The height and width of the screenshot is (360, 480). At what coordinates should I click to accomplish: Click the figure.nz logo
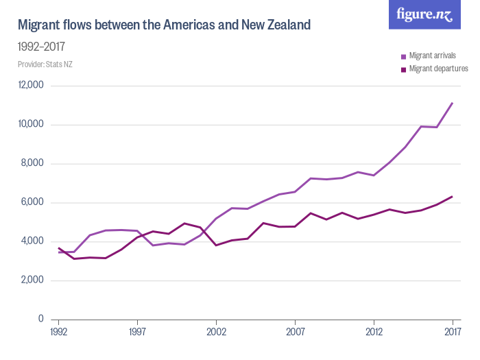(x=424, y=14)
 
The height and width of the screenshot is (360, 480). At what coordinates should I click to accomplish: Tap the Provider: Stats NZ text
(x=45, y=64)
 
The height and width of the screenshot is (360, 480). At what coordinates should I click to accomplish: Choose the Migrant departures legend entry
(x=437, y=69)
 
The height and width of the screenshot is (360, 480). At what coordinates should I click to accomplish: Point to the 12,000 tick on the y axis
(x=30, y=86)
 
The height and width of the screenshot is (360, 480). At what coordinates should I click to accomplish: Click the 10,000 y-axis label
(x=30, y=125)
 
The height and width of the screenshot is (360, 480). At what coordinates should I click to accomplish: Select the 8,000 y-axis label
(x=32, y=164)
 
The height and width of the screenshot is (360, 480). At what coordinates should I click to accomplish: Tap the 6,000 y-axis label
(x=32, y=203)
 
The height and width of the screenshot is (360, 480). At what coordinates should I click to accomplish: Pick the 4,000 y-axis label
(x=32, y=241)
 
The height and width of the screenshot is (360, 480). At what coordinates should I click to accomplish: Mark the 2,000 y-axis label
(x=32, y=280)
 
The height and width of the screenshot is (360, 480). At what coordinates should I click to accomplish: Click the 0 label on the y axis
(x=41, y=320)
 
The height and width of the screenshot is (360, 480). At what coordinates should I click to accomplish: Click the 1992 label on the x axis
(x=59, y=333)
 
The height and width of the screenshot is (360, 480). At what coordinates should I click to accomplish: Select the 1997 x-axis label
(x=138, y=333)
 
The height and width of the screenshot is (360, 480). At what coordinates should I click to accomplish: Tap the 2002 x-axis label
(x=216, y=333)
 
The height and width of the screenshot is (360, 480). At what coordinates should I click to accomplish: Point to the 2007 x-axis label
(x=295, y=333)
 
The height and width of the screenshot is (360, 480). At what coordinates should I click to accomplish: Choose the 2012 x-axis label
(x=374, y=333)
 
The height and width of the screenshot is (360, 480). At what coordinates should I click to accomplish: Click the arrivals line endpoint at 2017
(x=453, y=103)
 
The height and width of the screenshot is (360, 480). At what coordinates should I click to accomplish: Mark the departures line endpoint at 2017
(x=453, y=197)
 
